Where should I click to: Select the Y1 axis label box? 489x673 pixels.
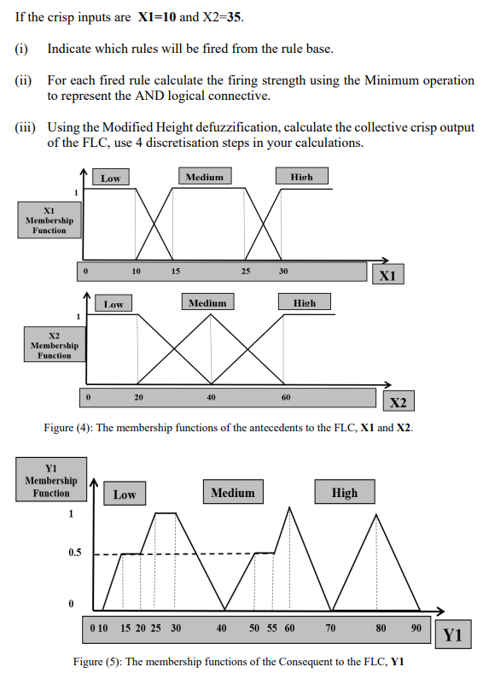point(452,635)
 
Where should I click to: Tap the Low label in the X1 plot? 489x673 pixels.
point(111,178)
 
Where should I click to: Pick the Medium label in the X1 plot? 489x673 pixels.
point(204,177)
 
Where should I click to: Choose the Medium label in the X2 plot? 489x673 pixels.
point(207,303)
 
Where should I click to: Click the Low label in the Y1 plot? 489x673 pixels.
point(125,495)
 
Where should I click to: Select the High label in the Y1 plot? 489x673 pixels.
point(345,493)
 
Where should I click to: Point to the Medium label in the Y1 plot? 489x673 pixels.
point(233,493)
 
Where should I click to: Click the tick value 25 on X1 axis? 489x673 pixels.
point(246,272)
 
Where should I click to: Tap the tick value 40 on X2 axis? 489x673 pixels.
point(211,398)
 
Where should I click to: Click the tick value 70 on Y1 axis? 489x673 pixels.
point(331,628)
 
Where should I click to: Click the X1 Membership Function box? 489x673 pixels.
point(49,219)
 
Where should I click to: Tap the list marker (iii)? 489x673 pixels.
point(25,128)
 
